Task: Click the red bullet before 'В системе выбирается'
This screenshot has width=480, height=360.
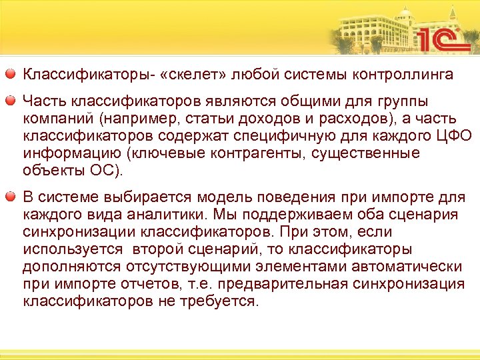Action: pyautogui.click(x=13, y=197)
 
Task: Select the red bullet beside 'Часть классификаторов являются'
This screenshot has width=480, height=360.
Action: pyautogui.click(x=13, y=101)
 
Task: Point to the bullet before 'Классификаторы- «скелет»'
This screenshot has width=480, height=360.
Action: pyautogui.click(x=13, y=73)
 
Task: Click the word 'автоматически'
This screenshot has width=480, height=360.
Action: pyautogui.click(x=409, y=267)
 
